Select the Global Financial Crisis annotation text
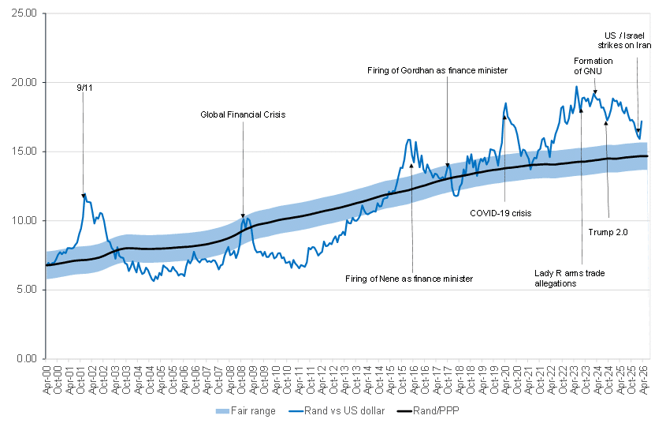click(x=242, y=114)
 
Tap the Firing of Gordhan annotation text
click(x=437, y=70)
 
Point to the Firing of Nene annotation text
click(x=409, y=279)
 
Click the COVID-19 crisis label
click(x=501, y=213)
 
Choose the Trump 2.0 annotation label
click(x=608, y=231)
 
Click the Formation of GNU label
click(x=588, y=66)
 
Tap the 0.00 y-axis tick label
click(x=27, y=359)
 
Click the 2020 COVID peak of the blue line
click(x=506, y=103)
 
